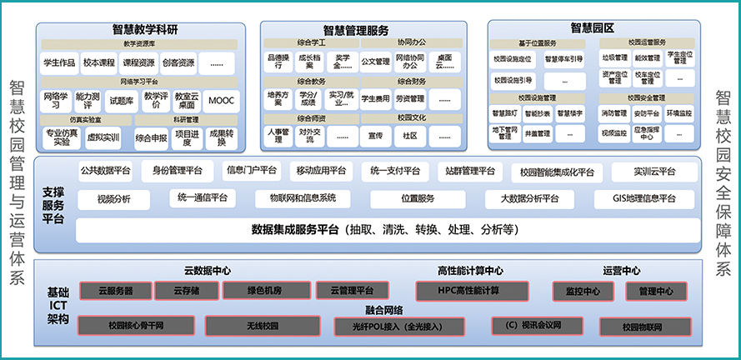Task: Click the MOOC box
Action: point(220,101)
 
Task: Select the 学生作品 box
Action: point(58,62)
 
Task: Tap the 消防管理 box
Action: point(613,112)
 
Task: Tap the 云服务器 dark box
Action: point(116,291)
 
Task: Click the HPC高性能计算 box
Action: point(468,291)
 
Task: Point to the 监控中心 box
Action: point(581,291)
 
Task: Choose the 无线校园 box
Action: point(251,326)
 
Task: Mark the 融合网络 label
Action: point(383,309)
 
